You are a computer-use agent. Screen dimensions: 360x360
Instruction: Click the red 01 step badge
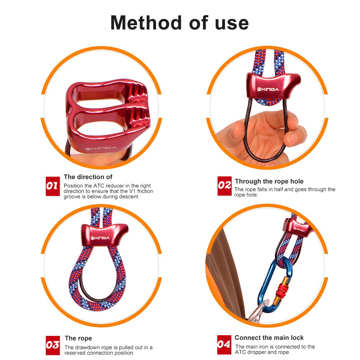[x=53, y=186]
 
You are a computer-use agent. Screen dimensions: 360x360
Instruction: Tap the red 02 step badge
[x=224, y=186]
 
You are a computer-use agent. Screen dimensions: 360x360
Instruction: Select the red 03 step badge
[x=53, y=345]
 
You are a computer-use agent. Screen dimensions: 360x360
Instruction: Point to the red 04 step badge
[x=224, y=345]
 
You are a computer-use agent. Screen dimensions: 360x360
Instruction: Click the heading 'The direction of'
[x=88, y=177]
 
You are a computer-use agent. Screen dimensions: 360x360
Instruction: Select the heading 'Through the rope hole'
[x=269, y=181]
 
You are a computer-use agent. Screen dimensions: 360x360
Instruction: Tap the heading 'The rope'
[x=78, y=338]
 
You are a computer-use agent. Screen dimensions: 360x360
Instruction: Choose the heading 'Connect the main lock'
[x=269, y=338]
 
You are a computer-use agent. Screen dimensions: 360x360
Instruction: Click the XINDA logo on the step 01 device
[x=101, y=148]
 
